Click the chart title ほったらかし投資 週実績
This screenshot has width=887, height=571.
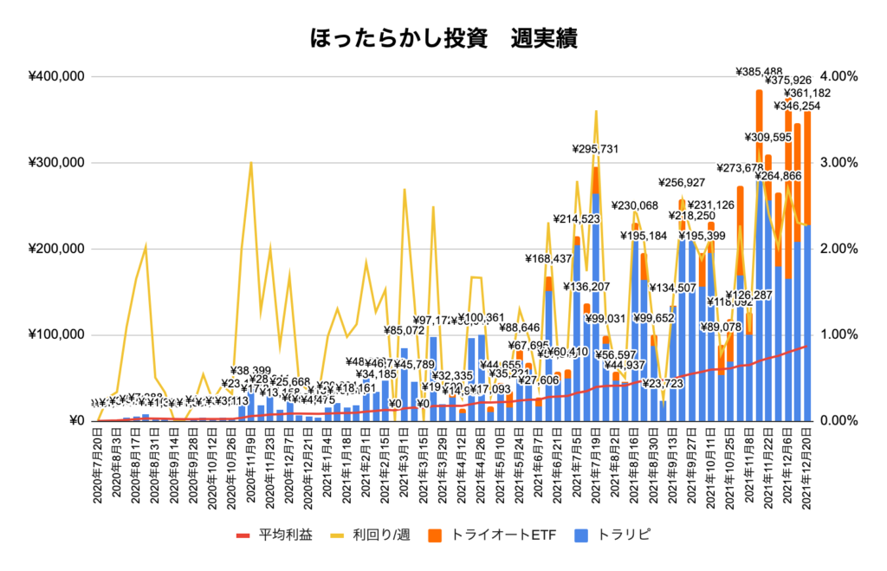(x=443, y=38)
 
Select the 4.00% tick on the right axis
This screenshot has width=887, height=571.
(x=838, y=76)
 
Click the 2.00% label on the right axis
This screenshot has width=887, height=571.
(x=838, y=249)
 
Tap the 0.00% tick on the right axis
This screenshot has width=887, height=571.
(x=838, y=421)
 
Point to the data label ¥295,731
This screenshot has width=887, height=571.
(x=595, y=149)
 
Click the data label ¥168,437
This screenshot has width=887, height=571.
(x=547, y=258)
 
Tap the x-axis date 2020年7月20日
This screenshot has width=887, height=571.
(x=99, y=468)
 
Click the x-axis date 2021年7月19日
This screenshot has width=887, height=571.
(x=597, y=468)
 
